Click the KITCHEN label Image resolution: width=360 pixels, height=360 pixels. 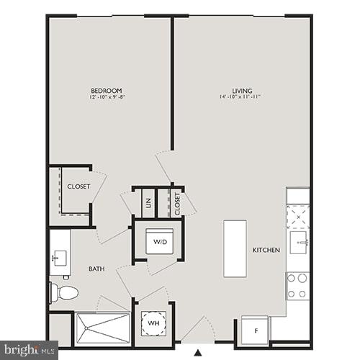266,250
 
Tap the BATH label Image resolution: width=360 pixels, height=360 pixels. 96,269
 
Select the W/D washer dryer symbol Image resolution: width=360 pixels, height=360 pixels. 158,241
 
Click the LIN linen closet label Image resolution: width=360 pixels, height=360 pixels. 148,203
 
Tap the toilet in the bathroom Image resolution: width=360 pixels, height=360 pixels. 64,292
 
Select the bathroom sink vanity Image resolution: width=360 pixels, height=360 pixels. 59,256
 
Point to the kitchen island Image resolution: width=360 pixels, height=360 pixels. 235,248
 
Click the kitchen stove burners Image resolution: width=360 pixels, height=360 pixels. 297,285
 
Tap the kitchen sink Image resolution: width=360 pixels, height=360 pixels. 299,243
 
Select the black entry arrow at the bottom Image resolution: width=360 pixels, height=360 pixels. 198,353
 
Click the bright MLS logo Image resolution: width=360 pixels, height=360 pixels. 29,351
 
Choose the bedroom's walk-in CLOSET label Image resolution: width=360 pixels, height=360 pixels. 78,186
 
